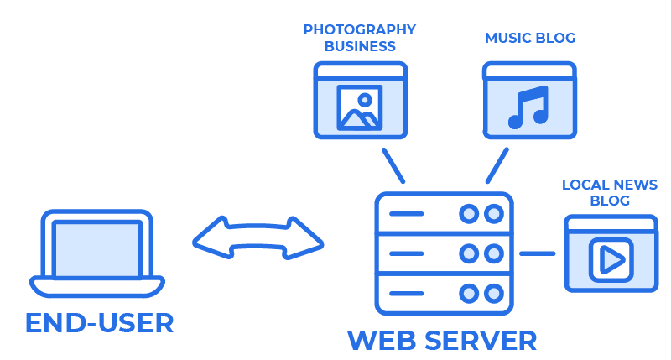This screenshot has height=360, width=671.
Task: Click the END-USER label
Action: point(99,323)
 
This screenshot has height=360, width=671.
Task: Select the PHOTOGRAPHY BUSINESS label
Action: point(359,38)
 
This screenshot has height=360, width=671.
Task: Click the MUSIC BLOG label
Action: point(530,39)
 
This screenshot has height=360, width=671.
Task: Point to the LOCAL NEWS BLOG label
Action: point(610,193)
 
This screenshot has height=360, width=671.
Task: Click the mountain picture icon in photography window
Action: point(360,107)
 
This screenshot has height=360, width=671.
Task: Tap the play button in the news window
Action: point(610,259)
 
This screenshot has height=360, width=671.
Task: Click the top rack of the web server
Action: point(442,214)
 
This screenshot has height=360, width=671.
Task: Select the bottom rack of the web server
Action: point(442,293)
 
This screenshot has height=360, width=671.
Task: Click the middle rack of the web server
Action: point(442,253)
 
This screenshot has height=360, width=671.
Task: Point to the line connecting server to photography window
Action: point(393,165)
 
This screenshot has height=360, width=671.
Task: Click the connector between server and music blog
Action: point(497,165)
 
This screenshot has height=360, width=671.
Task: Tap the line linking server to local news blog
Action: point(538,253)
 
